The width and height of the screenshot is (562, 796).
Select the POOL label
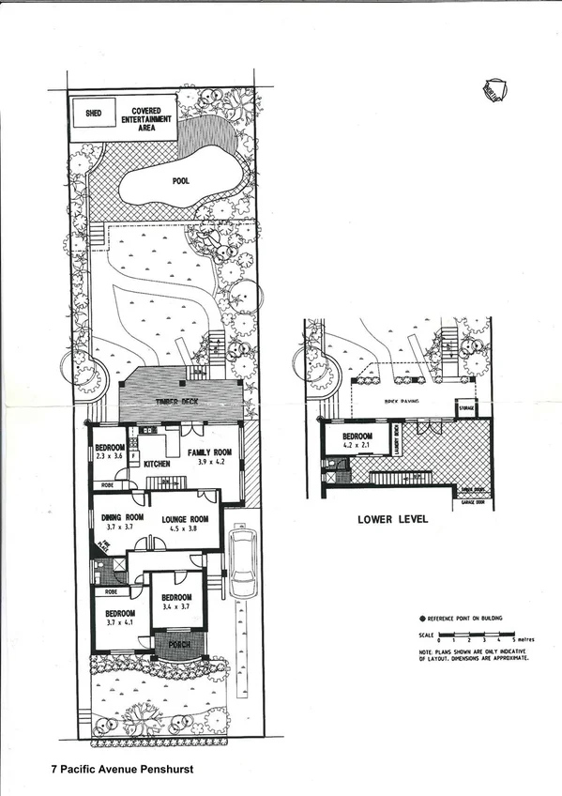point(182,181)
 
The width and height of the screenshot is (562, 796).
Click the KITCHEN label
point(157,464)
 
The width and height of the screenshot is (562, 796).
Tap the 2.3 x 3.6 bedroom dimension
point(110,455)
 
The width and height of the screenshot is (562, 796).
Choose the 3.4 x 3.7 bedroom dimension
point(176,608)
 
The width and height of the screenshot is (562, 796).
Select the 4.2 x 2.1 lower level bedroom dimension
point(357,447)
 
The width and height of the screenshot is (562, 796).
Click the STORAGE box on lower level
point(465,410)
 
